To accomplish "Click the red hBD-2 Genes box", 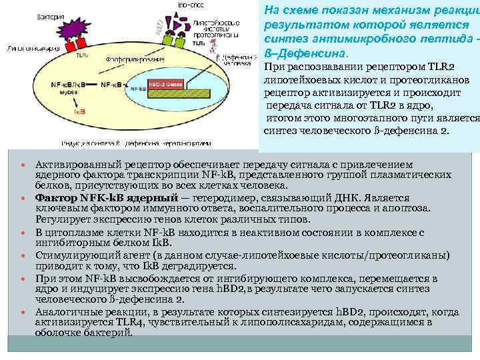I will point(165,85).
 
